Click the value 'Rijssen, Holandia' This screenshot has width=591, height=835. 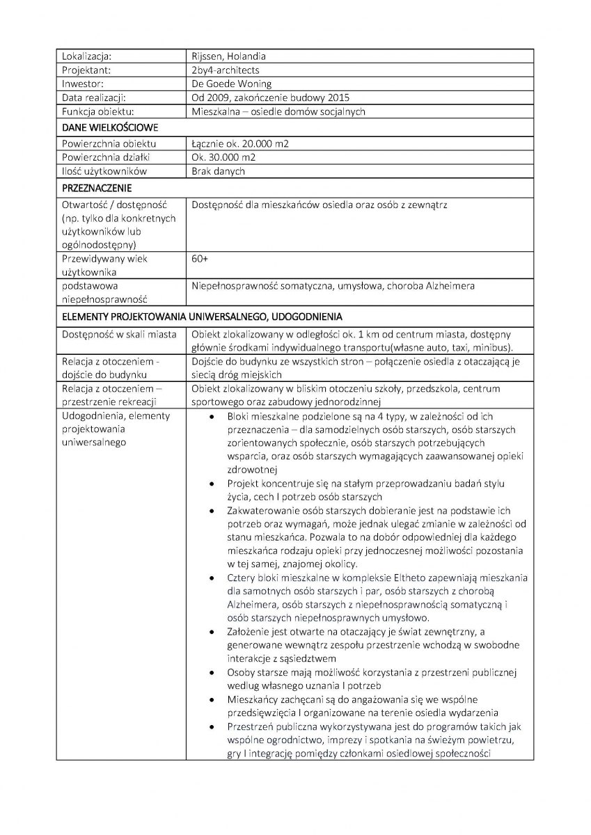[228, 56]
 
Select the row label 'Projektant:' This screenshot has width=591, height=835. [87, 70]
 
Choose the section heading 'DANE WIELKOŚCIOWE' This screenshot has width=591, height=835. [110, 127]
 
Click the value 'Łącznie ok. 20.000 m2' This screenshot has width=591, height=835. [239, 143]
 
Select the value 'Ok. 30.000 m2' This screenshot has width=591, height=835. [222, 157]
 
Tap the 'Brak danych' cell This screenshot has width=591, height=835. [218, 170]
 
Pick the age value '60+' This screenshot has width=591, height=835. [199, 259]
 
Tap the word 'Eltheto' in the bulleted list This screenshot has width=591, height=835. [397, 578]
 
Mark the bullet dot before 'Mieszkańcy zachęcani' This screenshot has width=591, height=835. [212, 699]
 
